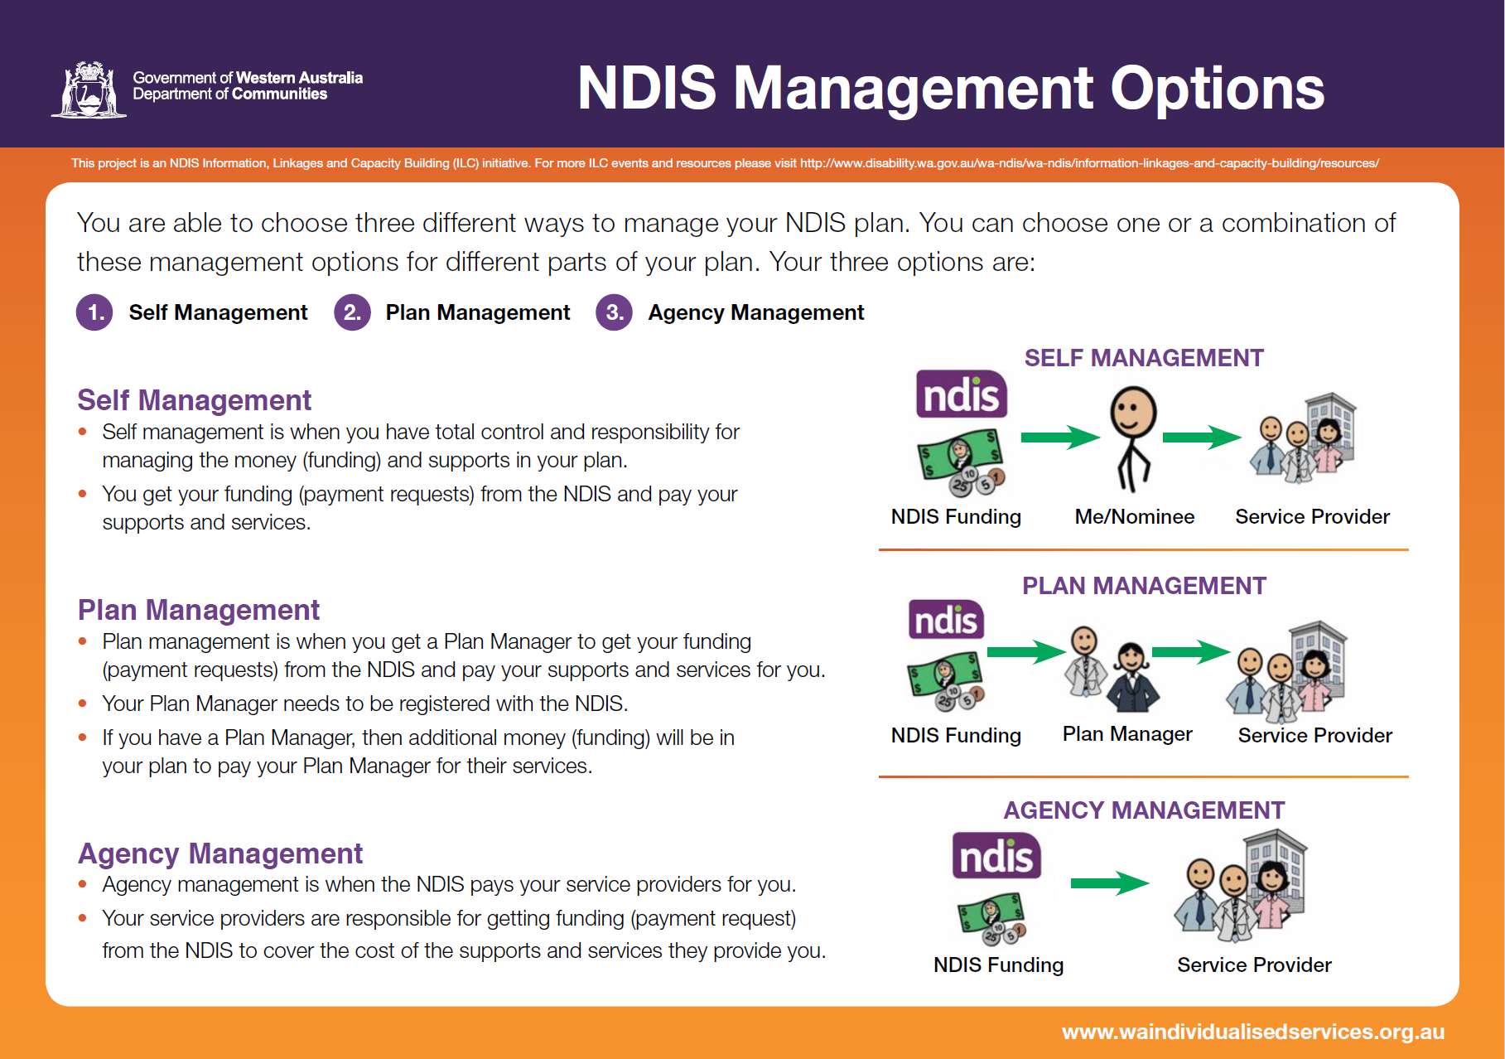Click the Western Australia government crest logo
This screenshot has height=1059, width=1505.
[x=89, y=89]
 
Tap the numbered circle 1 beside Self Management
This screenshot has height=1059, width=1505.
[x=95, y=312]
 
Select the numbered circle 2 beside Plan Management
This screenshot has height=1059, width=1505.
[x=352, y=312]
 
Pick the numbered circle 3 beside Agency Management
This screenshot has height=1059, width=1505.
[x=614, y=312]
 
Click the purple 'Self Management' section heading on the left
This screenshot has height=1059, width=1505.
[x=194, y=400]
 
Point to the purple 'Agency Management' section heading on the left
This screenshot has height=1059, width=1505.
[x=220, y=853]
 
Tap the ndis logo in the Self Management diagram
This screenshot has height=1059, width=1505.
[x=961, y=394]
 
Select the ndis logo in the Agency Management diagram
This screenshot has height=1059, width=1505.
[x=996, y=856]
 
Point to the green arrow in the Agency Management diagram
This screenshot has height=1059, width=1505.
[x=1109, y=883]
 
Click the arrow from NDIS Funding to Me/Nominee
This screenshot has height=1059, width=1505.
[x=1059, y=437]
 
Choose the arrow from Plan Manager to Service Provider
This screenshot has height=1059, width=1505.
[x=1190, y=652]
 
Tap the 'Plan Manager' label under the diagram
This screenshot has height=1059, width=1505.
[x=1127, y=734]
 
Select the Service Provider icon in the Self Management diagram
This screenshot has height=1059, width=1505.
[x=1302, y=438]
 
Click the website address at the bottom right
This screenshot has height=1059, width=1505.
[x=1252, y=1032]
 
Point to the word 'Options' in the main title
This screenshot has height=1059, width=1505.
[x=1217, y=89]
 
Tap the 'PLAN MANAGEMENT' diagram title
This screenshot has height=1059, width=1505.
[x=1144, y=586]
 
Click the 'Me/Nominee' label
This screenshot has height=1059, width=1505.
[x=1134, y=517]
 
